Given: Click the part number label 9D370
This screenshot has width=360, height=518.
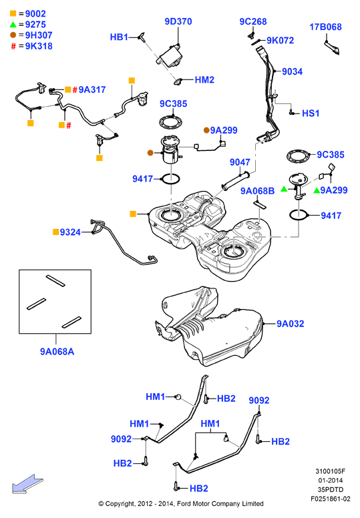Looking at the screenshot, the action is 178,21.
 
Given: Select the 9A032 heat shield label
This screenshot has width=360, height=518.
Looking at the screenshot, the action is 291,324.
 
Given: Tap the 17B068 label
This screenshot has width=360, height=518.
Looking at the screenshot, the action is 325,27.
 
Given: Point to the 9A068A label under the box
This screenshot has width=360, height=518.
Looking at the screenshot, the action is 57,352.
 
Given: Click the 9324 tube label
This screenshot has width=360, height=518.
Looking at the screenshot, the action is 70,232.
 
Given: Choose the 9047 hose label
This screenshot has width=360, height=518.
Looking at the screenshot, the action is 240,162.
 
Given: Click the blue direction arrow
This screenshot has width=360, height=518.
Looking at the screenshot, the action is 27,484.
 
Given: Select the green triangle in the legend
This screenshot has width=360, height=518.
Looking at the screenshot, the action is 13,24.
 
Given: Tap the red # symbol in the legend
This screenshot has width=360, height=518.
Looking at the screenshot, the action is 13,46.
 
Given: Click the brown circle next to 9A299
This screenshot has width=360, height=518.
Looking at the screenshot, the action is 206,130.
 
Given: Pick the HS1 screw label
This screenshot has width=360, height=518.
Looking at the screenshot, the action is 311,113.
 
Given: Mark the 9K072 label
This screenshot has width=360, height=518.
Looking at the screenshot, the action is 281,40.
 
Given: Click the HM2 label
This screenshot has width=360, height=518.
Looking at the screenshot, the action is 204,79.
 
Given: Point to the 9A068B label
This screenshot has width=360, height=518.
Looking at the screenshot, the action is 258,191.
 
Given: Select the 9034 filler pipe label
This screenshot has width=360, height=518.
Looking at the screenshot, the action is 293,71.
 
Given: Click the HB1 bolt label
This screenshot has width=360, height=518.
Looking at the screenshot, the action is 119,37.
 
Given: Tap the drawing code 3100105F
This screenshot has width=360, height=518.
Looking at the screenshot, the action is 330,471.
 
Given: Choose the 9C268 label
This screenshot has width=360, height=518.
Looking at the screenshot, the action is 253,21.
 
